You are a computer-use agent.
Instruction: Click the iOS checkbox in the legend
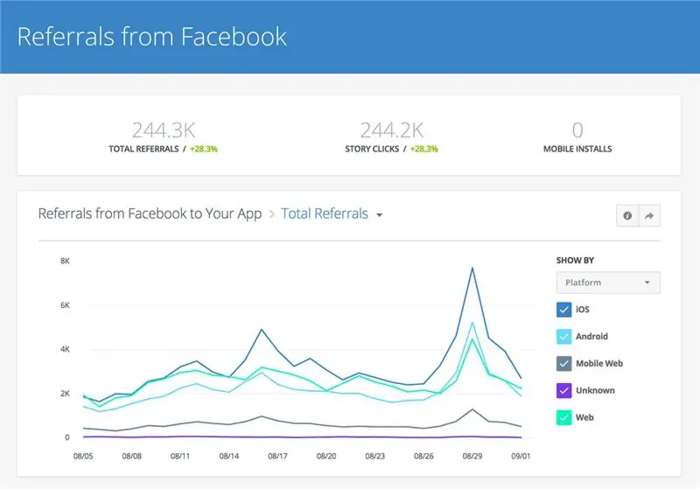pos(564,309)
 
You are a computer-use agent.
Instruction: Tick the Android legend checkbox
pos(564,336)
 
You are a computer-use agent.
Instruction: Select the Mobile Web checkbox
pos(564,363)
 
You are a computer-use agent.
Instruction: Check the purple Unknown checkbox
pos(564,390)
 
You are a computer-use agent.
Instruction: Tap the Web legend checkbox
pos(564,417)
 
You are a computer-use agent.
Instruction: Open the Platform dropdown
pos(608,283)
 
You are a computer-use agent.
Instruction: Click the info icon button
pos(626,215)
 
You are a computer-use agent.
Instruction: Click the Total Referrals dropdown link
pos(332,213)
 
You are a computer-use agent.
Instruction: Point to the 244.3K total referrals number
pos(163,130)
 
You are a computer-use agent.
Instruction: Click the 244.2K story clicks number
pos(391,130)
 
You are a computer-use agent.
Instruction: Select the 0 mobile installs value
pos(577,130)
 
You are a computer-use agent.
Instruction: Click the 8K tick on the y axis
pos(65,261)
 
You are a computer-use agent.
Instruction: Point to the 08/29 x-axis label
pos(473,456)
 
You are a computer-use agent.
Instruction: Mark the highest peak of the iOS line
pos(472,268)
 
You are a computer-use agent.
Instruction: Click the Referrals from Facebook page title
pos(152,37)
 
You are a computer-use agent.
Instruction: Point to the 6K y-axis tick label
pos(65,305)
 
